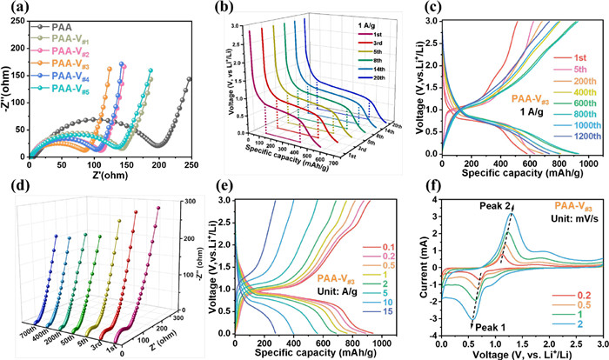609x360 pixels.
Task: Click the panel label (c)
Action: tap(415, 10)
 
